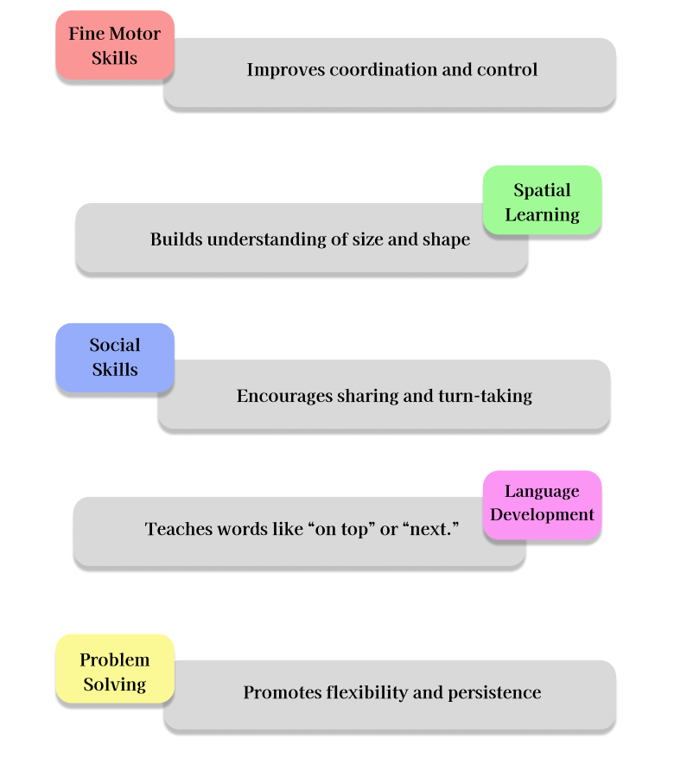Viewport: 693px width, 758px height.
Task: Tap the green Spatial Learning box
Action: (542, 201)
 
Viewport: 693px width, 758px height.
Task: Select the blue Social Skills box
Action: (114, 357)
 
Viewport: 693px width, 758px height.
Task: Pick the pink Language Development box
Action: (542, 504)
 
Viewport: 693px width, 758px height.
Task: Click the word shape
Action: (446, 239)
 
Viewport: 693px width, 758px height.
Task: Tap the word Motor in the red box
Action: (139, 35)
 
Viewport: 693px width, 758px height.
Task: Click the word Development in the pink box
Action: (543, 515)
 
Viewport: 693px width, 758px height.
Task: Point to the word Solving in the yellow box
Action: (115, 685)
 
